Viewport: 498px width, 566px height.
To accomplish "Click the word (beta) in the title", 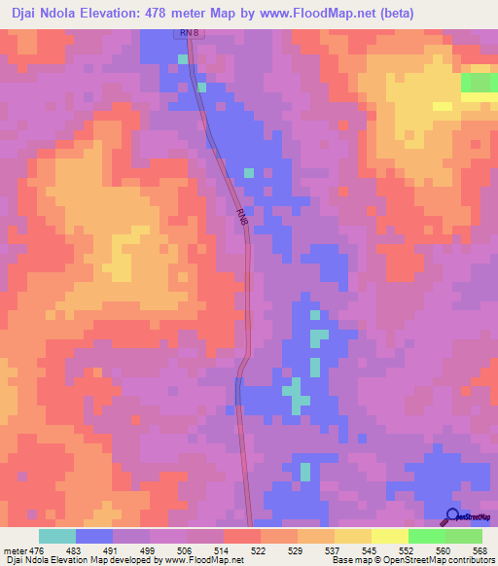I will point(396,14).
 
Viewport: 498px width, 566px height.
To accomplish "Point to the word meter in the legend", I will point(15,549).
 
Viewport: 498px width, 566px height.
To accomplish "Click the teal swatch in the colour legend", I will point(57,536).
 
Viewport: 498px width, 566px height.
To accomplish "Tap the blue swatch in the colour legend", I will point(94,536).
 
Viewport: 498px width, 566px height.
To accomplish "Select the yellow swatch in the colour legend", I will point(390,536).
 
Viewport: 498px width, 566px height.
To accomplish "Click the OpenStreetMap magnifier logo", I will point(452,516).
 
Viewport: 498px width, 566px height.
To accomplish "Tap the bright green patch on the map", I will point(479,83).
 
